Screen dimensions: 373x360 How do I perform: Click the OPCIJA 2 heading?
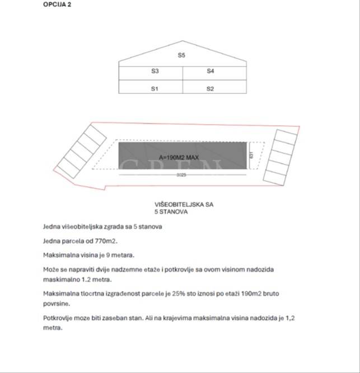(57, 4)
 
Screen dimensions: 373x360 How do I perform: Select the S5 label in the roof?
(181, 55)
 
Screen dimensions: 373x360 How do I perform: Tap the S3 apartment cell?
(155, 72)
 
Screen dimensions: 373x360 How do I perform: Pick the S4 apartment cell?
(210, 72)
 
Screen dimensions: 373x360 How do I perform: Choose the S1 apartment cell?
(155, 88)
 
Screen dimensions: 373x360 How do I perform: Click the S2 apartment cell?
(210, 88)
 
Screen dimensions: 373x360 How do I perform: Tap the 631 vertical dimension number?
(252, 154)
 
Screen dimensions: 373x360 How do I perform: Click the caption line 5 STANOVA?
(171, 213)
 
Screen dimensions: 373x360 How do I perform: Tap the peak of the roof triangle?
(182, 41)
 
